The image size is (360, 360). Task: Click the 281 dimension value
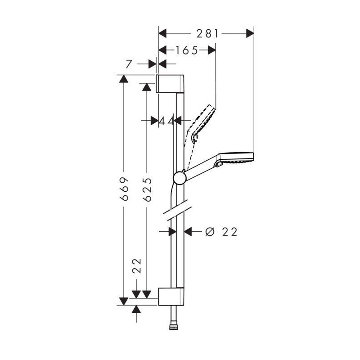[x=207, y=34]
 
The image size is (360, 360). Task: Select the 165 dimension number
[x=186, y=50]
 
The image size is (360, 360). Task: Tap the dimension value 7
[x=129, y=64]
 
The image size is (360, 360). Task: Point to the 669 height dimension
[x=124, y=189]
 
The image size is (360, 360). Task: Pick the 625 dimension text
[x=147, y=189]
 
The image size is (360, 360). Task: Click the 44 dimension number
[x=166, y=121]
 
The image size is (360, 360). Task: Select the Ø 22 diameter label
[x=221, y=232]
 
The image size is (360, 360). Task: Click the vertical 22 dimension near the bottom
[x=137, y=265]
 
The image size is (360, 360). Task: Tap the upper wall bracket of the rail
[x=170, y=84]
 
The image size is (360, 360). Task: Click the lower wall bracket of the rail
[x=171, y=297]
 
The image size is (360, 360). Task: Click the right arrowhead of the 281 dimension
[x=250, y=33]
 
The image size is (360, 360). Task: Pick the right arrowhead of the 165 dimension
[x=211, y=50]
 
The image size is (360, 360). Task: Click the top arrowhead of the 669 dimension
[x=124, y=79]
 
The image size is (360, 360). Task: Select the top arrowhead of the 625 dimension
[x=147, y=87]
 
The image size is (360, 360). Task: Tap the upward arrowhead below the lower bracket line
[x=136, y=309]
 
